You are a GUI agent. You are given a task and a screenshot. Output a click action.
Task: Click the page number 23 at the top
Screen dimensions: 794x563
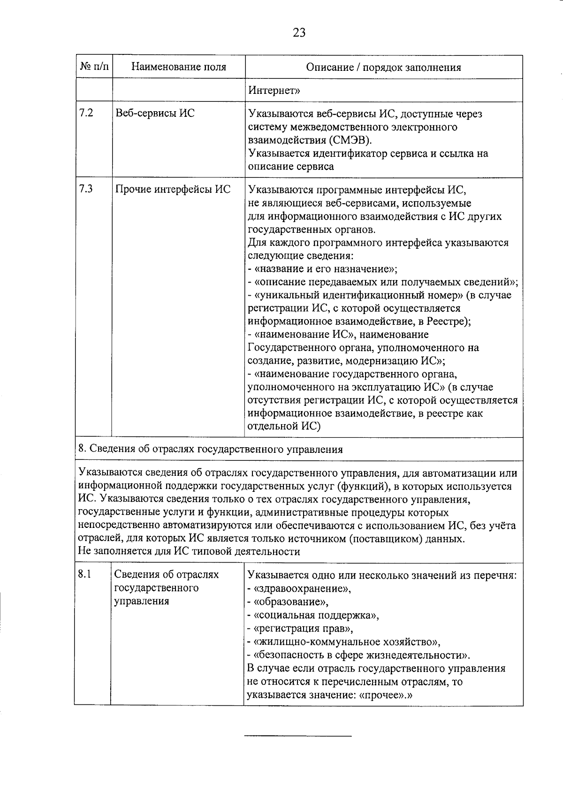pos(299,32)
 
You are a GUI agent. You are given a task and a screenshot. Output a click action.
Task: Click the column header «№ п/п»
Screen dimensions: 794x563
pos(94,67)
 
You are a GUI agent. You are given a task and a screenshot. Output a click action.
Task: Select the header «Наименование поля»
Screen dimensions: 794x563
pos(178,67)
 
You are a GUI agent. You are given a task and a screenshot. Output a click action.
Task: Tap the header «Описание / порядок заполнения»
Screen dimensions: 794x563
pos(383,67)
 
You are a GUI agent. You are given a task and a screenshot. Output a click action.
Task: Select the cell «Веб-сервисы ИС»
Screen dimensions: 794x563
pos(155,113)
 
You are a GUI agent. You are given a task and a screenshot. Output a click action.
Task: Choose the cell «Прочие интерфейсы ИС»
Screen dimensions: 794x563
pos(173,190)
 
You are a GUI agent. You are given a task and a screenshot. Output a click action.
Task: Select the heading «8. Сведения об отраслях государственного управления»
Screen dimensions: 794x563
pos(211,450)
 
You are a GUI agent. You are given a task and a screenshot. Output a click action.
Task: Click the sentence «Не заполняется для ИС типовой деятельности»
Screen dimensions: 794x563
pos(189,551)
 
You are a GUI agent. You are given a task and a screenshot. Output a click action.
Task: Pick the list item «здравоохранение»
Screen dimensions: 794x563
pos(301,588)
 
